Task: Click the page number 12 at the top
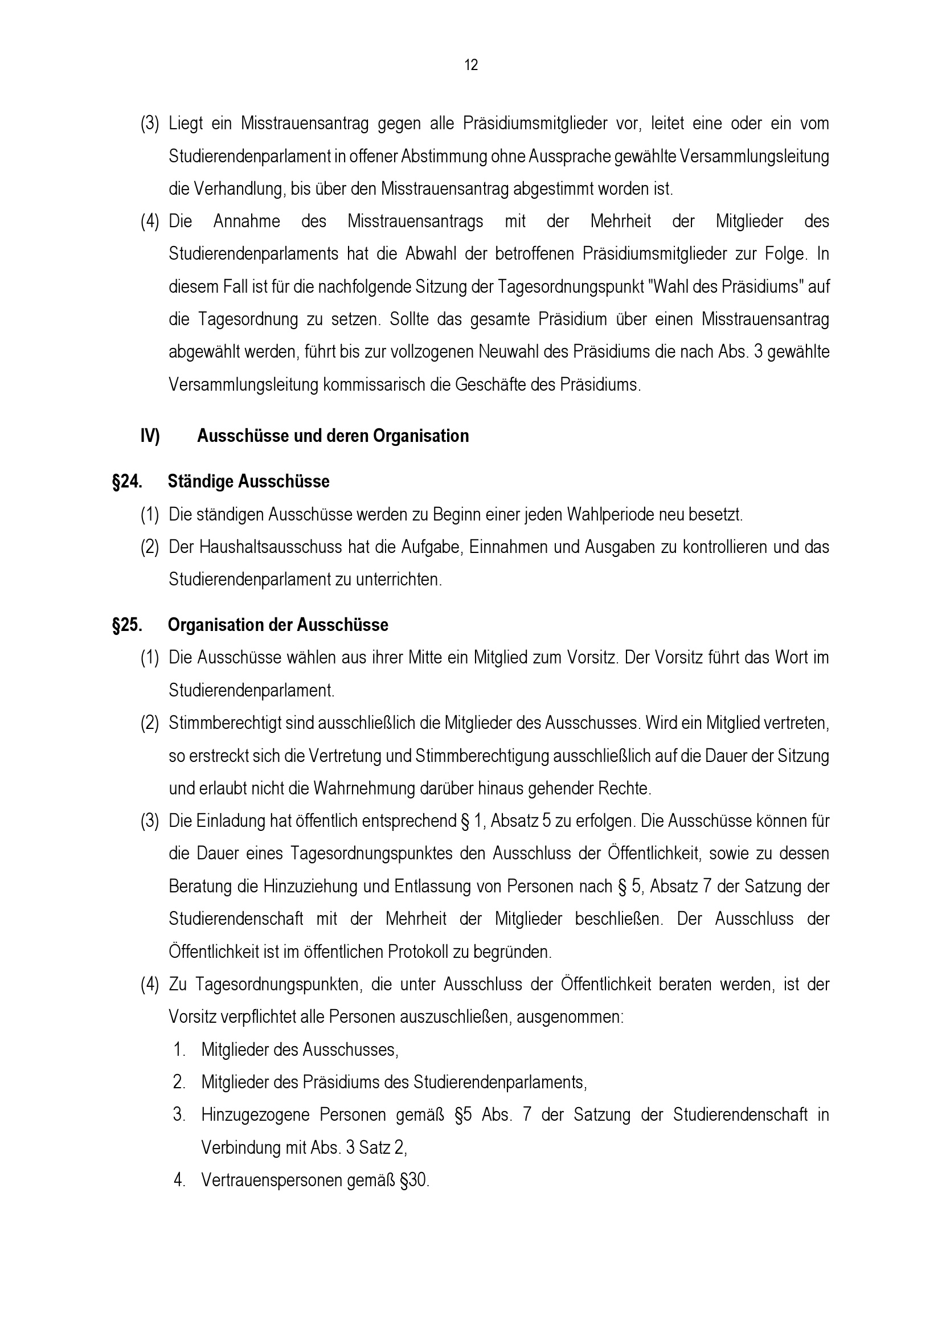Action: coord(471,65)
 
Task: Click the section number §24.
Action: coord(127,482)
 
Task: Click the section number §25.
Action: coord(127,625)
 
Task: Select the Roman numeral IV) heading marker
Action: coord(150,436)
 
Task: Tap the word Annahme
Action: coord(247,222)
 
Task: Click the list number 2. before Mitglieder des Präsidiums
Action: coord(179,1083)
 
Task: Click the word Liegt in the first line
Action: coord(186,124)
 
